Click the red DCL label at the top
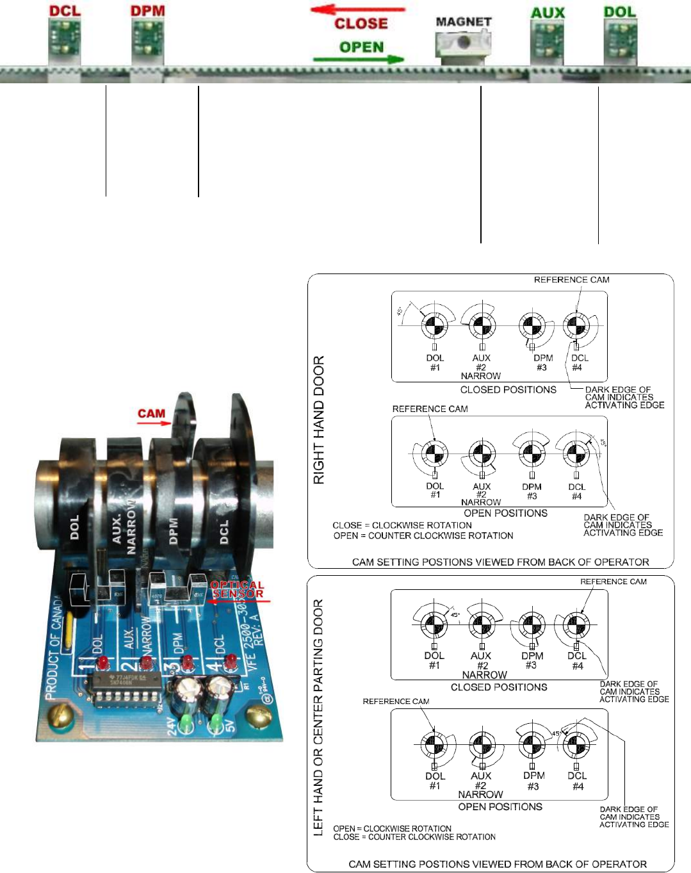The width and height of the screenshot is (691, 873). coord(65,10)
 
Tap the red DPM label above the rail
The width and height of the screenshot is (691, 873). coord(147,10)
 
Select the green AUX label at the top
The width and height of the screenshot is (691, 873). coord(548,12)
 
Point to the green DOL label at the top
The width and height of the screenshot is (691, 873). coord(619,12)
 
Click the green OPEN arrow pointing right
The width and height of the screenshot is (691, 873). coord(359,60)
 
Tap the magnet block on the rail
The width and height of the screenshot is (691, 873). coord(462,45)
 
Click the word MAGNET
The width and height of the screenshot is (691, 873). coord(463,22)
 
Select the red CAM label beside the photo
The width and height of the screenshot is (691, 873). coord(151,414)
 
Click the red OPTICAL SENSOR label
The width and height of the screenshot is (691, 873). coord(237,589)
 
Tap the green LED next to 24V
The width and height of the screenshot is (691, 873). coord(186,723)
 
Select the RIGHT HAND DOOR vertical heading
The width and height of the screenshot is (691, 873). coord(318,420)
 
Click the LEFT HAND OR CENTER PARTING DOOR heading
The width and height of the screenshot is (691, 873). coord(318,717)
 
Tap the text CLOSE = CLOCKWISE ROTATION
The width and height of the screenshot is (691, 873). coord(402,525)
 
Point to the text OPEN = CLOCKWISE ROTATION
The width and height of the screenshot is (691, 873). coord(392,828)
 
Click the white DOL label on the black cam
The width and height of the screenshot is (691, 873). coord(74,527)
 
